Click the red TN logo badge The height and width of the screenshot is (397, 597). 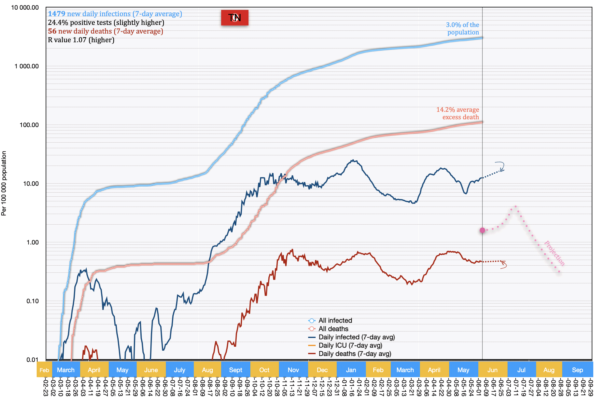click(x=235, y=18)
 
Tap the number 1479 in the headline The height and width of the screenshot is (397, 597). click(x=57, y=14)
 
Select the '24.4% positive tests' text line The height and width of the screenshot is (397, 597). click(x=106, y=22)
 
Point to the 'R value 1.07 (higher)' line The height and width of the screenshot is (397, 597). click(x=81, y=40)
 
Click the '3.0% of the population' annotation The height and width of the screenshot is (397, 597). click(x=463, y=29)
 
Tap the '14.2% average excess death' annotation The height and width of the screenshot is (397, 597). click(x=458, y=113)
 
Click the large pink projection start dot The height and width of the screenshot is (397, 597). click(x=482, y=230)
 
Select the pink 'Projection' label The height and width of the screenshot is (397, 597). click(x=554, y=253)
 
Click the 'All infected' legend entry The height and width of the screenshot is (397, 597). click(x=335, y=321)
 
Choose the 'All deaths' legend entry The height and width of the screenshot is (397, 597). click(x=333, y=329)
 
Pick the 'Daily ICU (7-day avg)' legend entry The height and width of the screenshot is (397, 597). click(x=350, y=345)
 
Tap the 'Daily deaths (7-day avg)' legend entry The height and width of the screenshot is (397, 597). click(x=354, y=354)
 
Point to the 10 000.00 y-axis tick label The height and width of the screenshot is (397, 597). click(x=25, y=7)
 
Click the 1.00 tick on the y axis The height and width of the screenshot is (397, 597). click(x=32, y=242)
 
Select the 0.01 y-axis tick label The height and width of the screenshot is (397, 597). click(x=32, y=360)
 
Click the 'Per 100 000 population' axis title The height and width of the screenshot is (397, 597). click(x=4, y=183)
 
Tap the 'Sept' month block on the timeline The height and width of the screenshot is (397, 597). click(x=235, y=370)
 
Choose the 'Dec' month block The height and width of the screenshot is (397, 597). click(x=322, y=370)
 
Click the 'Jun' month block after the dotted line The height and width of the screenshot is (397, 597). click(x=492, y=370)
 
